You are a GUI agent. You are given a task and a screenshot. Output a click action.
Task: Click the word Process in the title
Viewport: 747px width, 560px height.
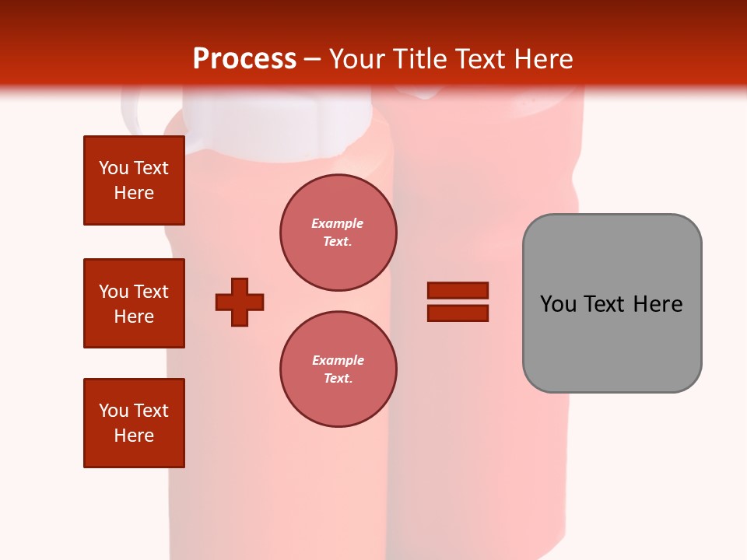tap(244, 58)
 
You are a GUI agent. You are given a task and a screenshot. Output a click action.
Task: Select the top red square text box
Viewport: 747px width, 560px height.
tap(134, 180)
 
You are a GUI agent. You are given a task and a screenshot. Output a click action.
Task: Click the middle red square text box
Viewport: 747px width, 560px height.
tap(134, 303)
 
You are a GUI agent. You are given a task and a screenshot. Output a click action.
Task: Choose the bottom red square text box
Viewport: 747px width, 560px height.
tap(134, 423)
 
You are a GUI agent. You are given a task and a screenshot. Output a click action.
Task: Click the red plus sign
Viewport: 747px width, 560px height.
tap(240, 302)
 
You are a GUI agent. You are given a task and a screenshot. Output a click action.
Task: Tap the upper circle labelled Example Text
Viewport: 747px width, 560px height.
tap(338, 233)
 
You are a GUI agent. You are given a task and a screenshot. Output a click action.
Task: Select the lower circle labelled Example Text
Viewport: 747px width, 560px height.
tap(338, 369)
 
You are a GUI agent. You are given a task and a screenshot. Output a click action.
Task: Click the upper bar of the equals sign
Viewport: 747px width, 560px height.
tap(458, 290)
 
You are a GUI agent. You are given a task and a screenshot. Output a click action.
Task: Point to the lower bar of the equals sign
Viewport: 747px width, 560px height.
tap(458, 313)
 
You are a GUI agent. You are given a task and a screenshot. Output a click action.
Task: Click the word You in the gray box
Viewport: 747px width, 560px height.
tap(558, 304)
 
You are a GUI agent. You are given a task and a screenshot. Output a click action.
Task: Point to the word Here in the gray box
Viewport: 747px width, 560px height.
tap(658, 304)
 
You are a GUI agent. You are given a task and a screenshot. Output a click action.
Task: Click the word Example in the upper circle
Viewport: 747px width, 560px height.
tap(338, 223)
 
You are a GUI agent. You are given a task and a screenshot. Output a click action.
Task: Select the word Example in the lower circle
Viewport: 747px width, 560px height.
tap(338, 360)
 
